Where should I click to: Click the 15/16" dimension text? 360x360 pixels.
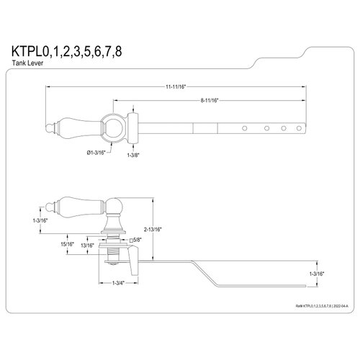click(68, 245)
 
